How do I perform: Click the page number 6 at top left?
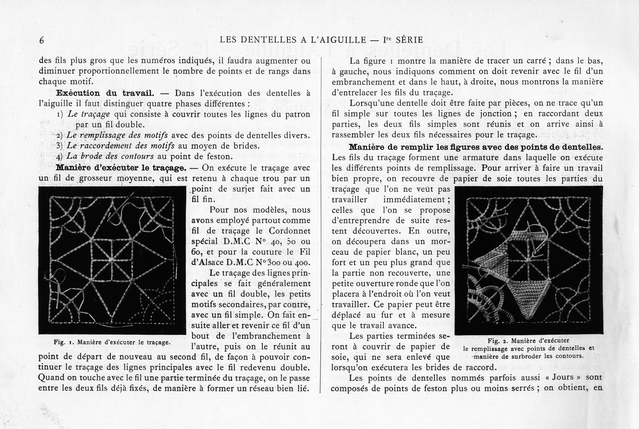pyautogui.click(x=42, y=40)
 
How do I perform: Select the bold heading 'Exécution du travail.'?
pyautogui.click(x=105, y=93)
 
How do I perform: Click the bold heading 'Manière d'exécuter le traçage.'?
pyautogui.click(x=121, y=168)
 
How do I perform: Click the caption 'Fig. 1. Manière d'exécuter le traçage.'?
pyautogui.click(x=112, y=342)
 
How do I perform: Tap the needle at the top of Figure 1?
pyautogui.click(x=120, y=207)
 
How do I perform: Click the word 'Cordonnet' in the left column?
pyautogui.click(x=290, y=231)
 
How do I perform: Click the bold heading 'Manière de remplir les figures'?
pyautogui.click(x=476, y=147)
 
